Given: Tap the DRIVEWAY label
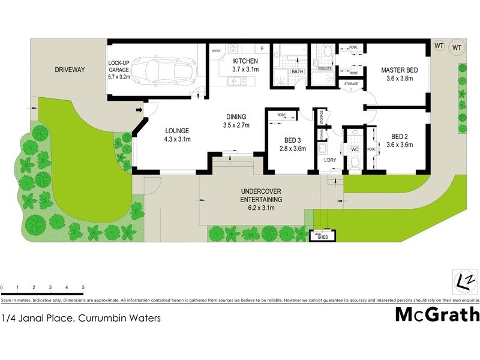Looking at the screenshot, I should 70,70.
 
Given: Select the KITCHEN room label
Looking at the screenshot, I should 245,61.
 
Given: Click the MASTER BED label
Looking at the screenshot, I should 400,70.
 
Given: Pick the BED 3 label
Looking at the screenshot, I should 294,142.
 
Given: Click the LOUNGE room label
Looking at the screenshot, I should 177,131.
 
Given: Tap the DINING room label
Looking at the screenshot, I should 236,117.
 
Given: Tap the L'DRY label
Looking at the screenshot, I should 329,160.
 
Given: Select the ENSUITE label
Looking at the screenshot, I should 324,69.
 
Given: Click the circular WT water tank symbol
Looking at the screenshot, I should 457,47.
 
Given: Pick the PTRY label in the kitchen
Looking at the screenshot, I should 217,52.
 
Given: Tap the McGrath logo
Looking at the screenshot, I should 437,314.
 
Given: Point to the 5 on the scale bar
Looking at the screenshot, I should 83,289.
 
